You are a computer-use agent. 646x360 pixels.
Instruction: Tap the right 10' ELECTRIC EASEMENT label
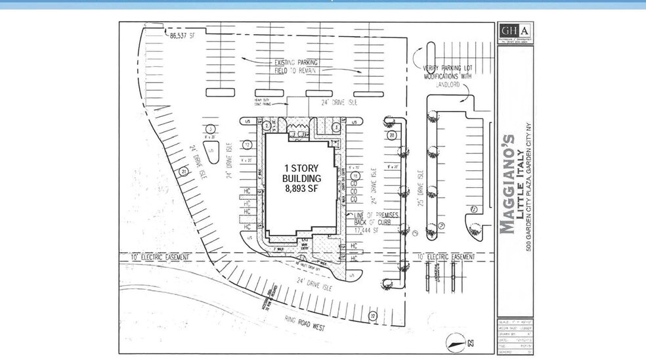[446, 256]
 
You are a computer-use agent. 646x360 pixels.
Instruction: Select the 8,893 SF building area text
[301, 189]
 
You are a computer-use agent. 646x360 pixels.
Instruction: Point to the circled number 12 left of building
[248, 145]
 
